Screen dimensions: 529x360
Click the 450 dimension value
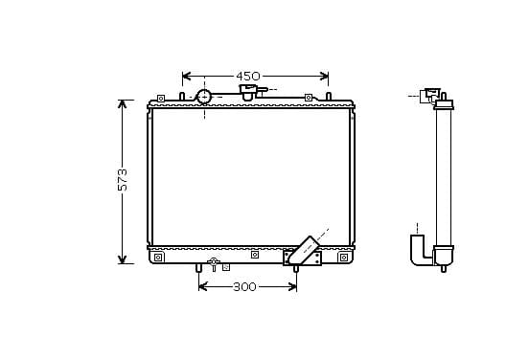(x=248, y=77)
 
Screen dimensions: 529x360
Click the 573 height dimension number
(x=123, y=180)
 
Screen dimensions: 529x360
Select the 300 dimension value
(x=244, y=287)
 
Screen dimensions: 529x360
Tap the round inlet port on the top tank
(x=204, y=97)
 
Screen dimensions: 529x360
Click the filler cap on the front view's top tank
(x=248, y=91)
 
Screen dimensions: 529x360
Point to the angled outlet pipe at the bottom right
(x=303, y=250)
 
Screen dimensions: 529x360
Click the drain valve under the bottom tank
(x=214, y=264)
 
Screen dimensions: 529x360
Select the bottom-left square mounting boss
(x=158, y=258)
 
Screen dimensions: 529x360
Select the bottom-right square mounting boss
(x=344, y=258)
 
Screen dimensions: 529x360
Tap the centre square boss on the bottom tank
(x=255, y=255)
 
